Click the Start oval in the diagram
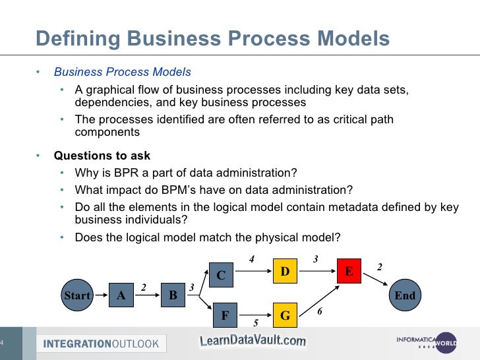(76, 296)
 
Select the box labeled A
(121, 295)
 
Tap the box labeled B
(173, 295)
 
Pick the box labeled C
(221, 276)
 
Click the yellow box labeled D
(285, 271)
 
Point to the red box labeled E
(349, 271)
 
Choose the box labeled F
(224, 316)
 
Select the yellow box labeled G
(285, 316)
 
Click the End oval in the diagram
(405, 295)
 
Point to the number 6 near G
(320, 311)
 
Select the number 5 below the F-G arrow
(256, 324)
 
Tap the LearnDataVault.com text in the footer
(253, 340)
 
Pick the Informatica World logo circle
(446, 342)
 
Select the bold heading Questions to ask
(102, 156)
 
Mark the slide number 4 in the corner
(3, 342)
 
